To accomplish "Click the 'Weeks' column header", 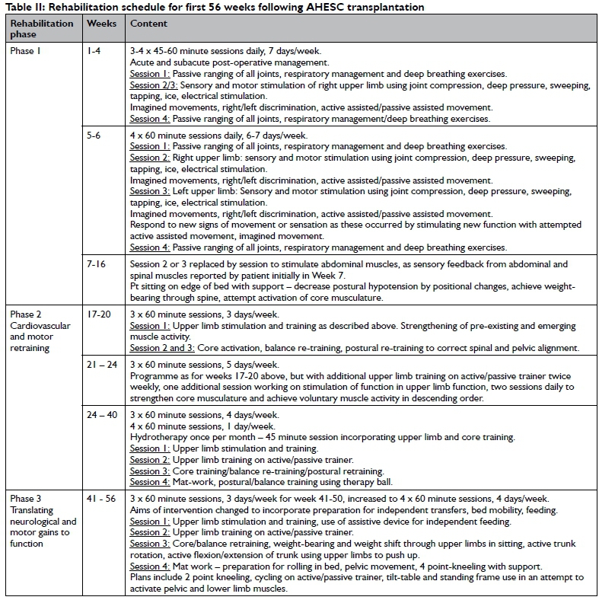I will [x=101, y=24].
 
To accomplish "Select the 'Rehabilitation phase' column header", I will [x=41, y=29].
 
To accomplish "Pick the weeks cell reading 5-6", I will [x=94, y=136].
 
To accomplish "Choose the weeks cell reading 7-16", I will [x=98, y=264].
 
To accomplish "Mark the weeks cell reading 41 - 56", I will [x=104, y=498].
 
